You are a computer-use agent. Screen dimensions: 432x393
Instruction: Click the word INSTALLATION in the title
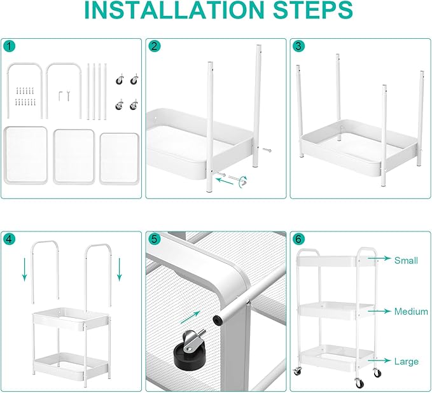(x=174, y=10)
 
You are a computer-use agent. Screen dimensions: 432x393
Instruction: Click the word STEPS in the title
(x=312, y=10)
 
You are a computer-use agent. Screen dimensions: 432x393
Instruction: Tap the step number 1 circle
(x=10, y=46)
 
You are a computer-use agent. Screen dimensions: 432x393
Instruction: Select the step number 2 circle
(x=154, y=46)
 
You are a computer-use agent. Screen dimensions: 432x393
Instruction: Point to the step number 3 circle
(x=298, y=46)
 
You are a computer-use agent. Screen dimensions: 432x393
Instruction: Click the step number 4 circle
(x=10, y=239)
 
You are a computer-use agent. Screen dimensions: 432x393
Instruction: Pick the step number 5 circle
(x=154, y=239)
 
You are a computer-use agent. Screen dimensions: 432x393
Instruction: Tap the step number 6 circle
(x=298, y=239)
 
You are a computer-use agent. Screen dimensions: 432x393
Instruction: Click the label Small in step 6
(x=406, y=260)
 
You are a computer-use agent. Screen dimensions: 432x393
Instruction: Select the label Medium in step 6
(x=411, y=312)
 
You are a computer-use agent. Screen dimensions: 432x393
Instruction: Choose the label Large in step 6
(x=407, y=361)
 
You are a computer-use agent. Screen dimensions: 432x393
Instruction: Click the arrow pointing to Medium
(x=379, y=311)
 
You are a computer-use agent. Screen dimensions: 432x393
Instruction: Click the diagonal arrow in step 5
(x=190, y=317)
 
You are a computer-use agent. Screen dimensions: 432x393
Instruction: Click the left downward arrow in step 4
(x=25, y=270)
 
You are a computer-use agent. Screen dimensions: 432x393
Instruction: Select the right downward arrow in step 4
(x=120, y=270)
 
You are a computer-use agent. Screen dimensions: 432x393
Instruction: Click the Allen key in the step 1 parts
(x=60, y=96)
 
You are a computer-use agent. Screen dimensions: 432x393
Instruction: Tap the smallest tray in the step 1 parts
(x=120, y=158)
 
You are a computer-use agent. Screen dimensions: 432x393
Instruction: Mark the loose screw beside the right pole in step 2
(x=267, y=150)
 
